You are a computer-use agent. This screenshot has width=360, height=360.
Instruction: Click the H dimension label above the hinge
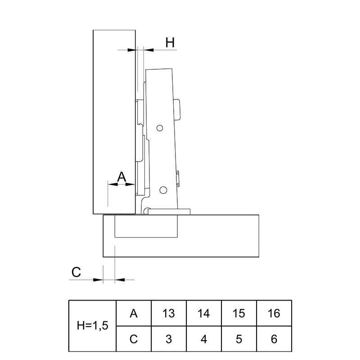tap(170, 42)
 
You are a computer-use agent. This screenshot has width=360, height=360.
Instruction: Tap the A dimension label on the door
tap(121, 177)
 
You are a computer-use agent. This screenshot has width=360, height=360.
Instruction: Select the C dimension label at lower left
tap(76, 272)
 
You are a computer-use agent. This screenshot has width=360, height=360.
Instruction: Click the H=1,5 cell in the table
tap(93, 325)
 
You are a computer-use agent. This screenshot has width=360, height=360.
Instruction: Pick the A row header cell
tap(134, 313)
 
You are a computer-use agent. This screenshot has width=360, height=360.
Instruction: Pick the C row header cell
tap(134, 339)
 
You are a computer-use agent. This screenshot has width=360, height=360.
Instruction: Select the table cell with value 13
tap(169, 313)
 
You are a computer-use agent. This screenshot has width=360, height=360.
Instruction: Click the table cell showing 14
tap(204, 313)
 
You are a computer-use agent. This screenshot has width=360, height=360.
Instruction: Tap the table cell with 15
tap(239, 313)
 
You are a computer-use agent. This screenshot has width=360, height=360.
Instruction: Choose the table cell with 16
tap(274, 313)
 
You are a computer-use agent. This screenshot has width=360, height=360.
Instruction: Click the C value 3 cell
tap(169, 339)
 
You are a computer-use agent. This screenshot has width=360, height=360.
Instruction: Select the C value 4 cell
tap(204, 339)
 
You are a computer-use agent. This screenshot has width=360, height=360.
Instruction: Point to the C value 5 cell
tap(239, 339)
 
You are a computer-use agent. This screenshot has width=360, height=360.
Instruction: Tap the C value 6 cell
tap(274, 339)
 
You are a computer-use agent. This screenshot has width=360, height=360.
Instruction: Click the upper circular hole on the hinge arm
tap(160, 128)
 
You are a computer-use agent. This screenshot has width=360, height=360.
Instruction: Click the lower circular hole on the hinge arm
tap(163, 190)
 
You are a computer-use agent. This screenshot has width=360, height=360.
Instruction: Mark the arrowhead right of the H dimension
tap(149, 49)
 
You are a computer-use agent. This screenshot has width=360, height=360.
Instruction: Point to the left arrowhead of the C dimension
tap(98, 279)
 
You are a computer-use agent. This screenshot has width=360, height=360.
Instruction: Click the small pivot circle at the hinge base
tap(146, 211)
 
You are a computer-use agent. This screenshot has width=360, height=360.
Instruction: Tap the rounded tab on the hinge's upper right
tap(177, 110)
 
